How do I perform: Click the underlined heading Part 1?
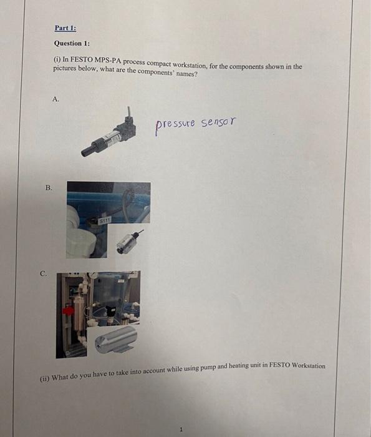pos(65,28)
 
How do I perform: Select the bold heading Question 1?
pos(72,43)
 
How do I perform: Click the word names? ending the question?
pos(184,74)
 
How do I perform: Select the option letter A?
pos(57,99)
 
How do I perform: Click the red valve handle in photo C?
pos(66,310)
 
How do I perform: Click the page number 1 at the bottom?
pos(181,429)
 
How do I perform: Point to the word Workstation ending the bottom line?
pos(308,365)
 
